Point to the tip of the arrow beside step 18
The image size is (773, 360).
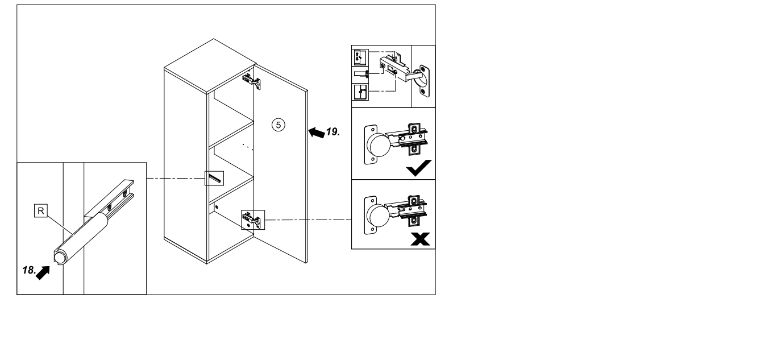pos(49,267)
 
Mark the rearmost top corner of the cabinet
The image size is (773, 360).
pos(214,39)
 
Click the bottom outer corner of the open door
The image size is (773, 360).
pos(307,263)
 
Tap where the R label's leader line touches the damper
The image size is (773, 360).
pos(73,234)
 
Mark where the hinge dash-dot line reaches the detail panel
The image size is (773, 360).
pos(351,220)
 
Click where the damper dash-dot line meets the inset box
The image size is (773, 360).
pos(147,178)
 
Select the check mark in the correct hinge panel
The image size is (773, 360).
pos(418,168)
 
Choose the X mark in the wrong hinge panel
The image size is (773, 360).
pos(421,239)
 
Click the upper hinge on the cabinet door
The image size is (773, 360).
pos(251,81)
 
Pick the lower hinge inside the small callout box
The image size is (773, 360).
pos(252,220)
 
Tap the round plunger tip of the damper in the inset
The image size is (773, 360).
pos(59,258)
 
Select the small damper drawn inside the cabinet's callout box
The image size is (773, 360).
pos(214,179)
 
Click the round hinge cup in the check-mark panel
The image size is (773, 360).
pos(379,144)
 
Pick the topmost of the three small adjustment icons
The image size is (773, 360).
pos(360,57)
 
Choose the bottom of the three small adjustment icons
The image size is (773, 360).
pos(360,92)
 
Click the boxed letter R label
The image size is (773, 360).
pos(41,210)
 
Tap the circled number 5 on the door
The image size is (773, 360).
pos(279,125)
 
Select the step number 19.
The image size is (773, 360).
pos(333,132)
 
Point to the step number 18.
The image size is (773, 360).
pos(30,270)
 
